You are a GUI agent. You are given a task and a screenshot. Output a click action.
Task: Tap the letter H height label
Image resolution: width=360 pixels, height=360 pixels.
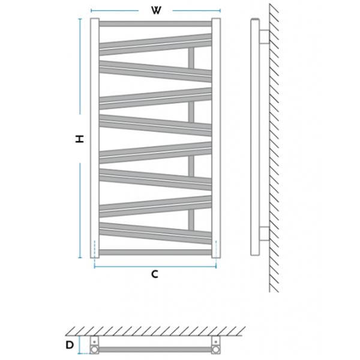(x=79, y=139)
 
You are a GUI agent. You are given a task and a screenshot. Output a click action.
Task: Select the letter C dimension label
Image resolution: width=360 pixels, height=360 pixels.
(x=154, y=274)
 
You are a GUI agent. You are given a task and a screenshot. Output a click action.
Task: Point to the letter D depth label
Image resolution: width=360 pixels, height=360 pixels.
(x=70, y=344)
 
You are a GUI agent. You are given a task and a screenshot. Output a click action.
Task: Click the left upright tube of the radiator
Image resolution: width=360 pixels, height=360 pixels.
(x=95, y=138)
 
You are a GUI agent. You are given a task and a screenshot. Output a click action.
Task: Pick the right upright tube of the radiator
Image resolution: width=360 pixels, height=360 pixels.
(x=216, y=138)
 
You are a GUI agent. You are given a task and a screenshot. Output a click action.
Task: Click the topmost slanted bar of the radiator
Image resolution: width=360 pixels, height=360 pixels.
(x=155, y=40)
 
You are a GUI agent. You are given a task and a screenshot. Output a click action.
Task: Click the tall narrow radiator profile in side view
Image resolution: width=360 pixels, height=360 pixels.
(x=253, y=139)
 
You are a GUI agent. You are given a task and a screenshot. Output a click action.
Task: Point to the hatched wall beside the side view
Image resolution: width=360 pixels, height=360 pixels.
(x=277, y=150)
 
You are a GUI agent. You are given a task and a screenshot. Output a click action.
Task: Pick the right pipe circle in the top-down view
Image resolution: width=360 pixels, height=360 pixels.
(x=215, y=346)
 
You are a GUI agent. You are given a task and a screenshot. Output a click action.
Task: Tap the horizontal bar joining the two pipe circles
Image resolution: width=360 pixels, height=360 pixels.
(x=154, y=347)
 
